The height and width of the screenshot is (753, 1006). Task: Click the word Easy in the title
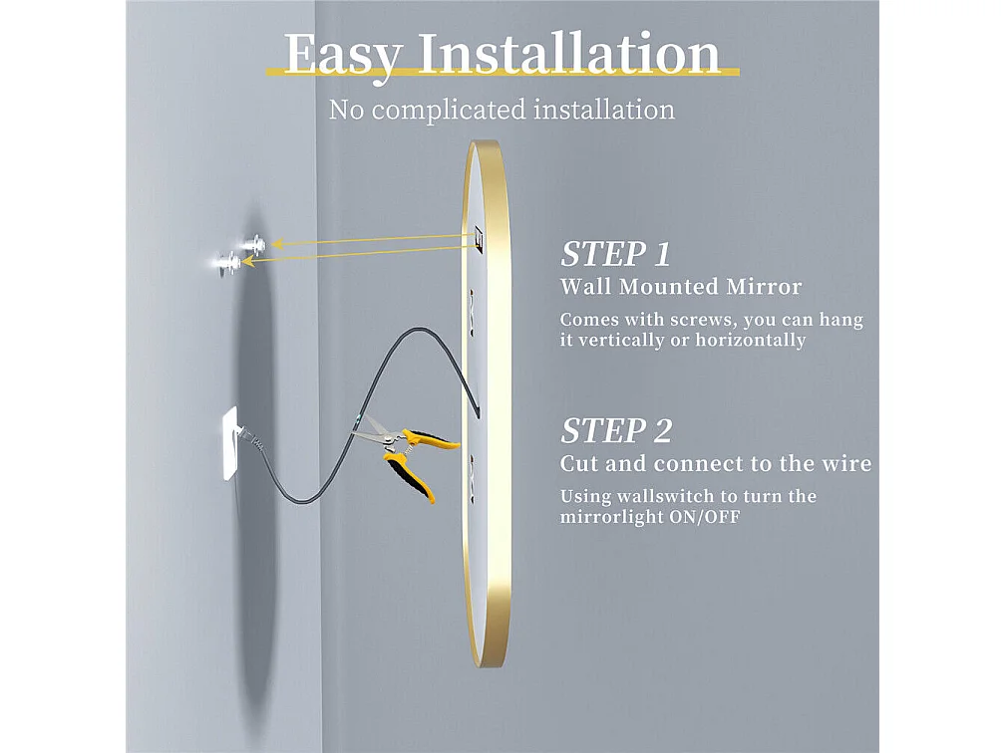341,54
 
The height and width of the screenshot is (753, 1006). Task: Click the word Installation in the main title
568,54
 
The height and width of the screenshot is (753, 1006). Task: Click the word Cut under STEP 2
577,464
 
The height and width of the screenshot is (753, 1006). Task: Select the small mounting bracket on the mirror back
478,239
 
